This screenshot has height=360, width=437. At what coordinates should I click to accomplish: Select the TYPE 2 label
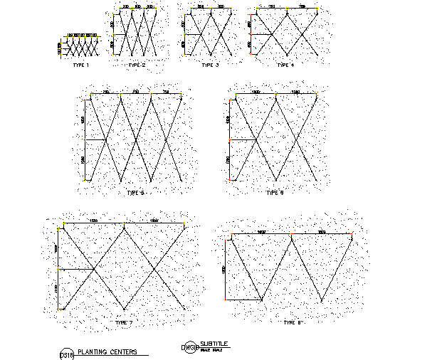pos(137,65)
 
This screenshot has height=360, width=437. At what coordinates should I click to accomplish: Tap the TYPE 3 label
pos(210,65)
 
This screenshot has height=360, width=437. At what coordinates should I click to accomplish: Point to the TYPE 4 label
pos(284,65)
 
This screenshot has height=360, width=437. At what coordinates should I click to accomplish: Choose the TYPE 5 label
pos(135,192)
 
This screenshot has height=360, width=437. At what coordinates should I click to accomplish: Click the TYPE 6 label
pos(274,192)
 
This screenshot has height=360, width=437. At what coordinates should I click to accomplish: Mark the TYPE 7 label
pos(124,322)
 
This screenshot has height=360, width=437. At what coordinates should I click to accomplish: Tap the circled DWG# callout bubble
pos(189,347)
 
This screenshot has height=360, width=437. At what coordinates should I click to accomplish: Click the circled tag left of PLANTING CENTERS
pos(67,353)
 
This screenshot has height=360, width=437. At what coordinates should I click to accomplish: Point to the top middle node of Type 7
pos(124,226)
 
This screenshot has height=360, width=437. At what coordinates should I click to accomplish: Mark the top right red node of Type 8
pos(352,234)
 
